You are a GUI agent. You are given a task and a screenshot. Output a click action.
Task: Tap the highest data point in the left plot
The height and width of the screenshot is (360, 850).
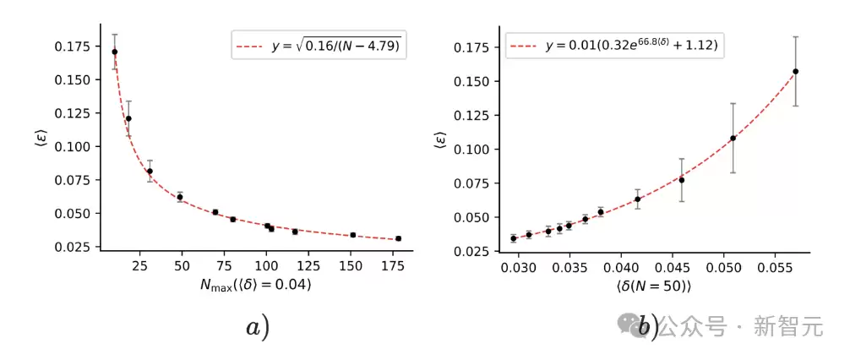point(115,52)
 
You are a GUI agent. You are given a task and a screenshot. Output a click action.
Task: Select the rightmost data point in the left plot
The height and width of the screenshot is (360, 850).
point(398,238)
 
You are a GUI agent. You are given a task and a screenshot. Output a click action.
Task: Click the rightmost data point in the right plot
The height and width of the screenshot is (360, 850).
point(796,71)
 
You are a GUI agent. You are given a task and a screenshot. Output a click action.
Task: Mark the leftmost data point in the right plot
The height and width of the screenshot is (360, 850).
point(514,238)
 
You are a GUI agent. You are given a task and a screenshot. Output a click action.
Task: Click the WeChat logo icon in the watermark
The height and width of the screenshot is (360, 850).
point(629,325)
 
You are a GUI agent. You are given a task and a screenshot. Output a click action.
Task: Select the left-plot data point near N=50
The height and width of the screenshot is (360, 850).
point(180,197)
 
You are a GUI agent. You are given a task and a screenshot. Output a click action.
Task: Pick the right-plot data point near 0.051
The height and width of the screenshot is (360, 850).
point(733,138)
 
